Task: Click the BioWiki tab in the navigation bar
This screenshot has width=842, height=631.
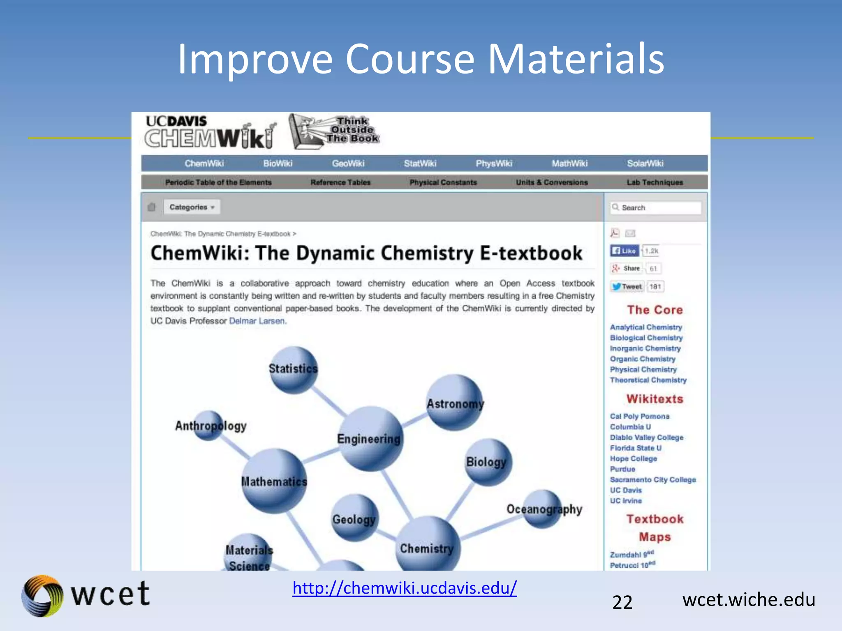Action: [278, 164]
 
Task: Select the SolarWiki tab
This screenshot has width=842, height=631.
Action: [645, 164]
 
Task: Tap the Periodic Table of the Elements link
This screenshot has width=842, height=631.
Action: [218, 182]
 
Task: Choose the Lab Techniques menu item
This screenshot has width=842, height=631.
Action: [655, 182]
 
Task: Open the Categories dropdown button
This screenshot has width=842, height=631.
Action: [192, 207]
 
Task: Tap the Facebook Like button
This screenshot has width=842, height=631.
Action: [624, 251]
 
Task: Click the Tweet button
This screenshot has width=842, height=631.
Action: [627, 286]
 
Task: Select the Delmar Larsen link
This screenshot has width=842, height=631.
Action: [257, 321]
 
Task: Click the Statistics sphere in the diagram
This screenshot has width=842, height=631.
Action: [293, 369]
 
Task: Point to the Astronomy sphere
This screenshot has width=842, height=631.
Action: [455, 403]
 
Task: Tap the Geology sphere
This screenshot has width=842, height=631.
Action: [354, 518]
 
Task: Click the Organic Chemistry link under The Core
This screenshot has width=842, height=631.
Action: [642, 359]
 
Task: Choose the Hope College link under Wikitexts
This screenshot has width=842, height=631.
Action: [633, 458]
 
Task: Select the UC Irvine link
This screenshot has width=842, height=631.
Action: [626, 501]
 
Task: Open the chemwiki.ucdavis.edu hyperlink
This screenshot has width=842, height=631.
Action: [405, 588]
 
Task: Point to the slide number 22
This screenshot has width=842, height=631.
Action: [622, 602]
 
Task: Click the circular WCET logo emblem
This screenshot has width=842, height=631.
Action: [42, 596]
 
